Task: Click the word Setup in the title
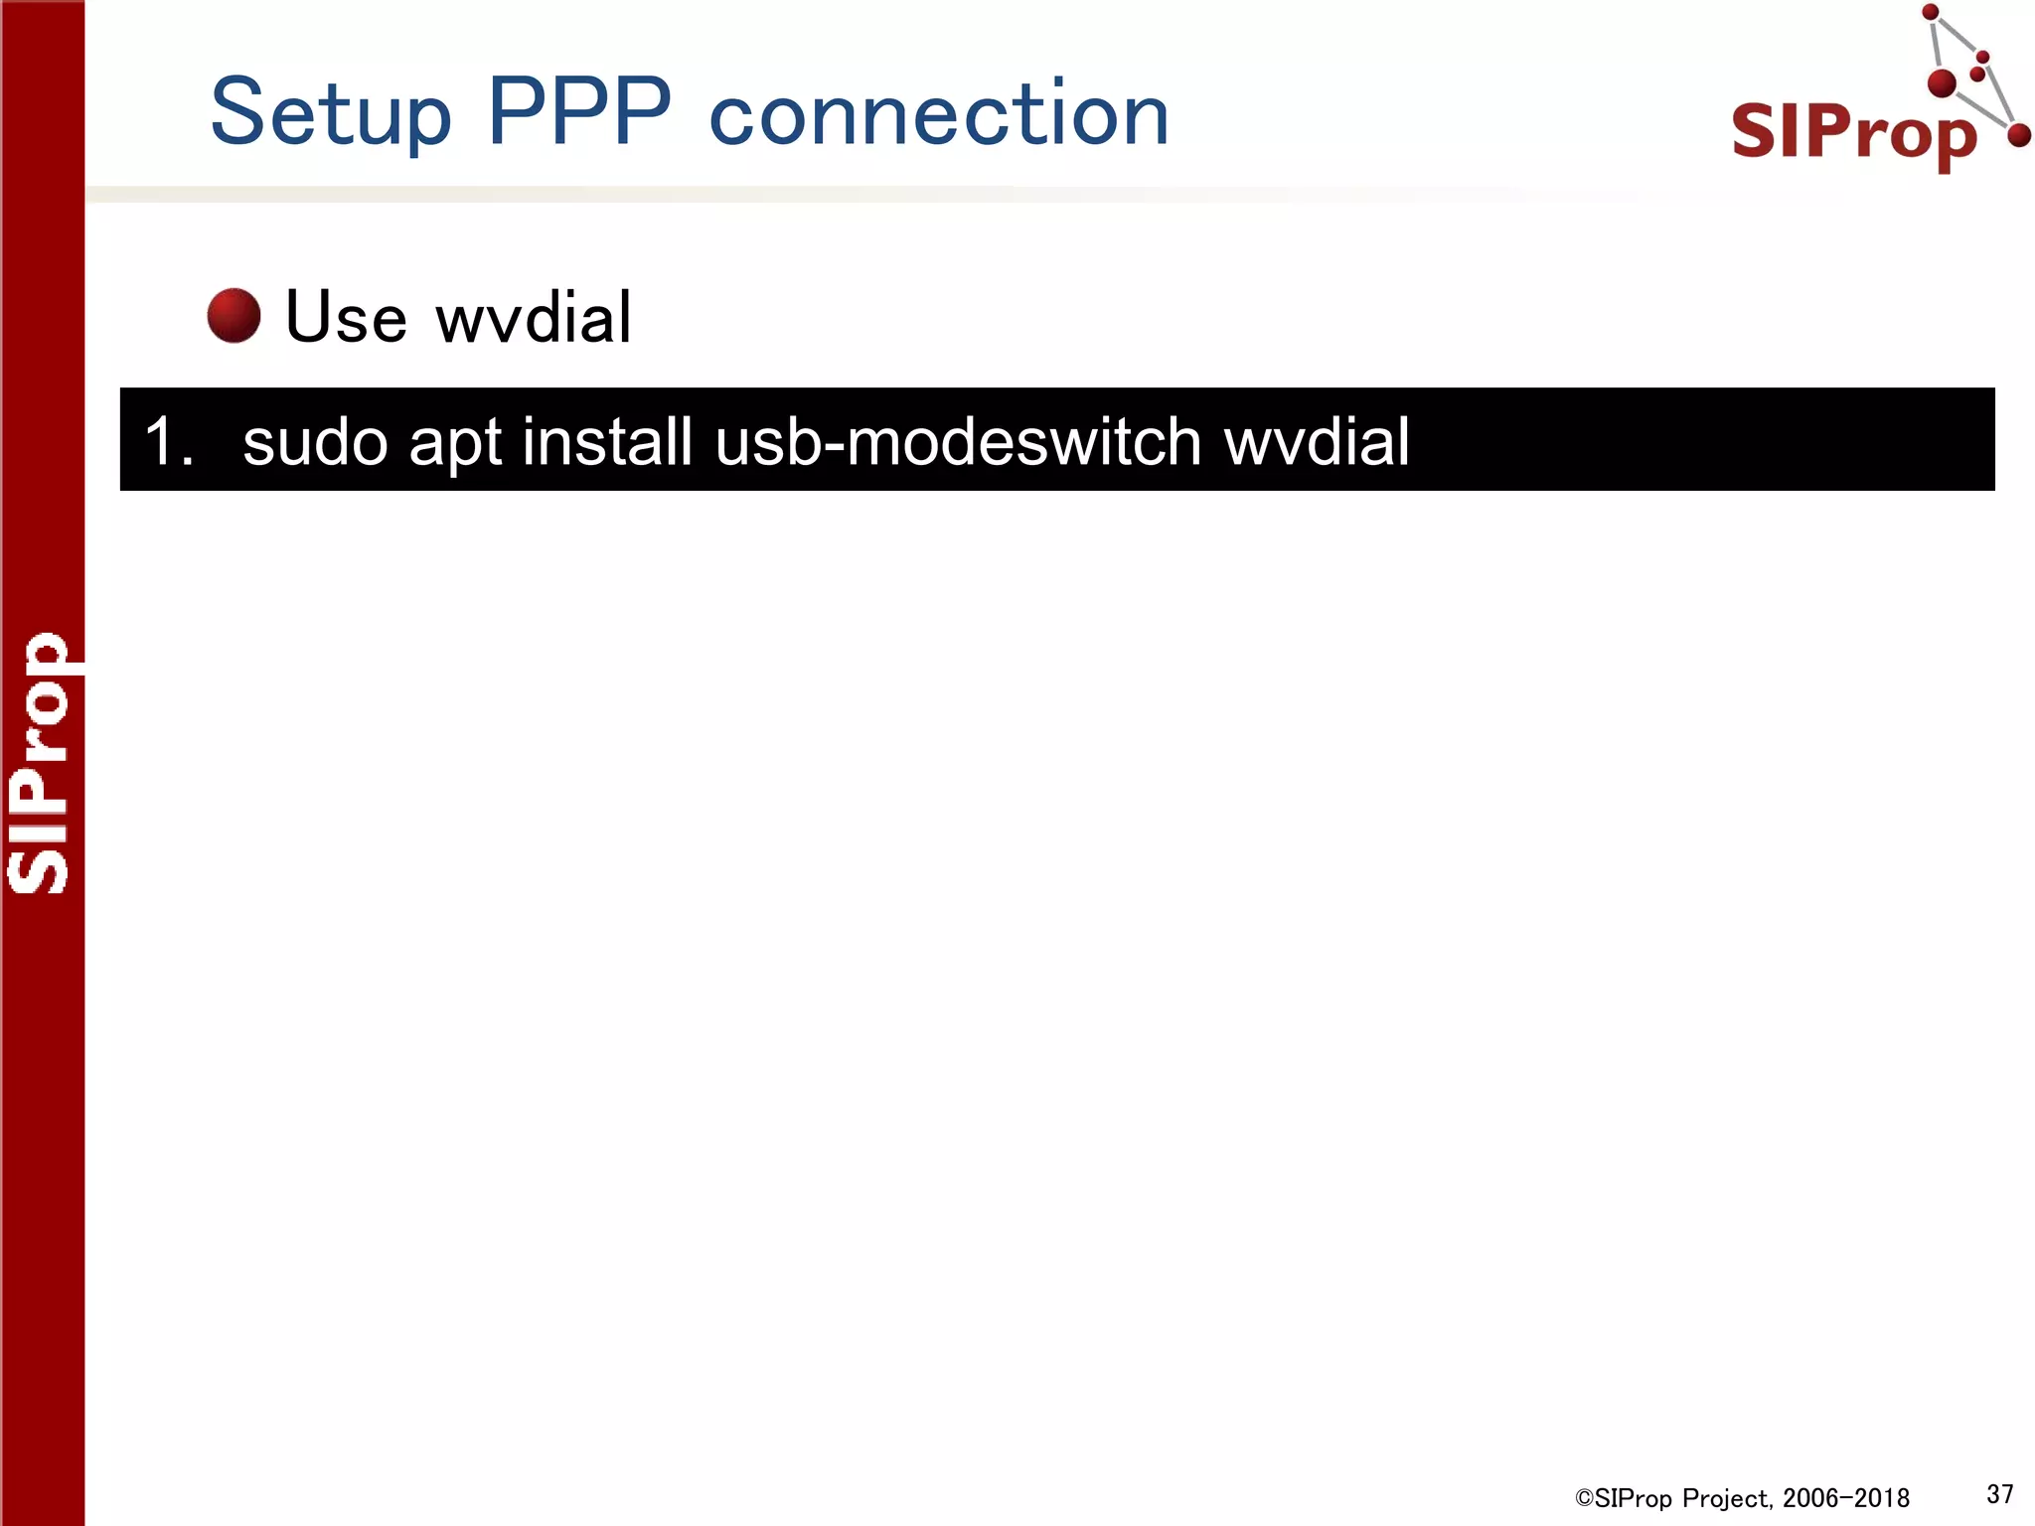click(x=331, y=114)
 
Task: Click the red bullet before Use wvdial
click(x=234, y=316)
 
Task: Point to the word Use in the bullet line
click(x=346, y=317)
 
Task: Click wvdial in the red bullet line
click(x=534, y=317)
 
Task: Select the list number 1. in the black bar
click(x=168, y=441)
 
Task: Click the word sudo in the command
click(x=314, y=441)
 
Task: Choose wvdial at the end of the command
click(x=1317, y=441)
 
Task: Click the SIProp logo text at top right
click(x=1853, y=132)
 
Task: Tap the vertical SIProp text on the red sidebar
click(x=40, y=763)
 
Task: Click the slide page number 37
click(x=1999, y=1493)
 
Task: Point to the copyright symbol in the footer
click(x=1584, y=1498)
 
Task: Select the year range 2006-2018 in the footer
click(x=1845, y=1498)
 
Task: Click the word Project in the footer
click(x=1727, y=1498)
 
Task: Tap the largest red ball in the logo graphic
click(x=1942, y=83)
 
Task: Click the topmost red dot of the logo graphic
click(x=1931, y=13)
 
